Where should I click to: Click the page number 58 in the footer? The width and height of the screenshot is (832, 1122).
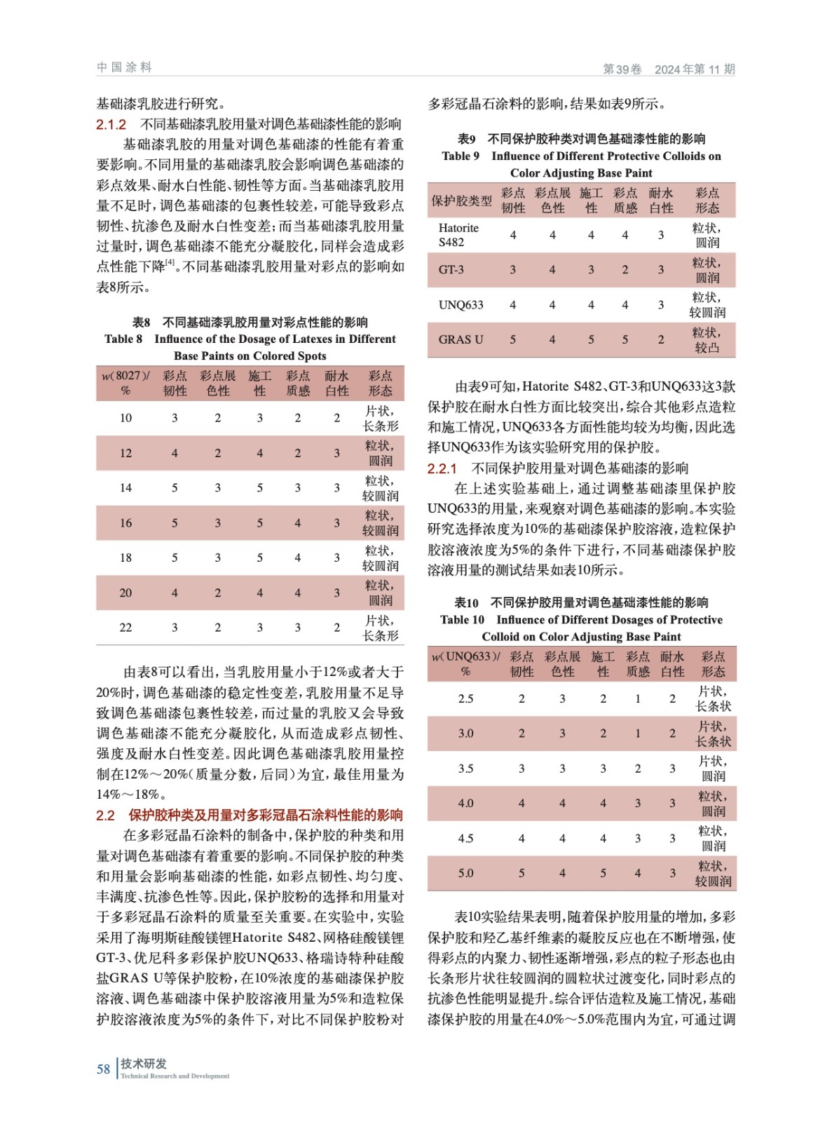pyautogui.click(x=103, y=1069)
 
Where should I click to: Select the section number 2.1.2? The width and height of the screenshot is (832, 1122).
pyautogui.click(x=111, y=125)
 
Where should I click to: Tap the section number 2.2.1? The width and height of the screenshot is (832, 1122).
pyautogui.click(x=442, y=468)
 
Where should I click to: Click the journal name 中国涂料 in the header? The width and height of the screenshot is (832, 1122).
pyautogui.click(x=124, y=67)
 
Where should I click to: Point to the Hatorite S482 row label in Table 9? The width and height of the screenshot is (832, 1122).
pyautogui.click(x=458, y=235)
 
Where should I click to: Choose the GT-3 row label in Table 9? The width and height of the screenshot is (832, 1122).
pyautogui.click(x=451, y=270)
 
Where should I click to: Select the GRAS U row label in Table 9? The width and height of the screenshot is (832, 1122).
pyautogui.click(x=461, y=339)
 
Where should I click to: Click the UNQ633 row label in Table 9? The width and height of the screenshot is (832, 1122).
pyautogui.click(x=461, y=305)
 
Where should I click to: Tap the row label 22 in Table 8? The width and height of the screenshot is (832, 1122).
pyautogui.click(x=125, y=628)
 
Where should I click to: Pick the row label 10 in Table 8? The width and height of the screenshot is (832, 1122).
pyautogui.click(x=125, y=418)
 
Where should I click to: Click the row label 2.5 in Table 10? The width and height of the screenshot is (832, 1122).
pyautogui.click(x=465, y=698)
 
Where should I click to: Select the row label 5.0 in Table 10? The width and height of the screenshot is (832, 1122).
pyautogui.click(x=465, y=873)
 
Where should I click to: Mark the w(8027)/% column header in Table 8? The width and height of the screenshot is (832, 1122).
pyautogui.click(x=125, y=383)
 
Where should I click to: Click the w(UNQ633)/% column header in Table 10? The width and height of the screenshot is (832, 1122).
pyautogui.click(x=465, y=663)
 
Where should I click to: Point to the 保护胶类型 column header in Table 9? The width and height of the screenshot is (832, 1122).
pyautogui.click(x=461, y=201)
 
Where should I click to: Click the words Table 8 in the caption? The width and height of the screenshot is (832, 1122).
pyautogui.click(x=123, y=339)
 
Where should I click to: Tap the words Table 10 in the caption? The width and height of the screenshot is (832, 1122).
pyautogui.click(x=462, y=620)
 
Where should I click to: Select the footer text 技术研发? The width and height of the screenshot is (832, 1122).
pyautogui.click(x=144, y=1064)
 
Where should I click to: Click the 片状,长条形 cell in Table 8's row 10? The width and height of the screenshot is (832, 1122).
pyautogui.click(x=380, y=418)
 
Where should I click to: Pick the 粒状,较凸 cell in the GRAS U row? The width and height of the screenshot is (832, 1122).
pyautogui.click(x=707, y=339)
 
